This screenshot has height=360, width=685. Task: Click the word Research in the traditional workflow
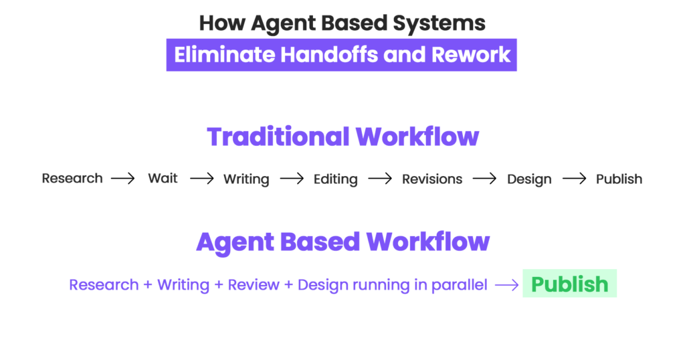pos(72,179)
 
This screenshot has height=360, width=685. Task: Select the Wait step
pos(163,179)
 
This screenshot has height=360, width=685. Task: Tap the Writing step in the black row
pos(246,179)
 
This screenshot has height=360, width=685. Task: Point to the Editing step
pos(335,179)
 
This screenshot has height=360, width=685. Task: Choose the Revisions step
pos(431,179)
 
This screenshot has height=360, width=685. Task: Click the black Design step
pos(529,179)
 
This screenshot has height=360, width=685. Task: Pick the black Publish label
pos(619,179)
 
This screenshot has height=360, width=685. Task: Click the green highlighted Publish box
pos(569,284)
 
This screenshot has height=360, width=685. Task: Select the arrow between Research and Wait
pos(123,179)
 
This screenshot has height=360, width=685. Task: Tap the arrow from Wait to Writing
pos(201,179)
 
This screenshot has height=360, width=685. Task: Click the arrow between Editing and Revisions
pos(380,179)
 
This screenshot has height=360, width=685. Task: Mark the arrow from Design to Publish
pos(575,179)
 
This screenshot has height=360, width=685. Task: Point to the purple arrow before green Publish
pos(506,285)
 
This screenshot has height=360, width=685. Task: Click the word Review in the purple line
pos(254,285)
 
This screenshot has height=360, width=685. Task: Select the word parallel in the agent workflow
pos(460,285)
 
